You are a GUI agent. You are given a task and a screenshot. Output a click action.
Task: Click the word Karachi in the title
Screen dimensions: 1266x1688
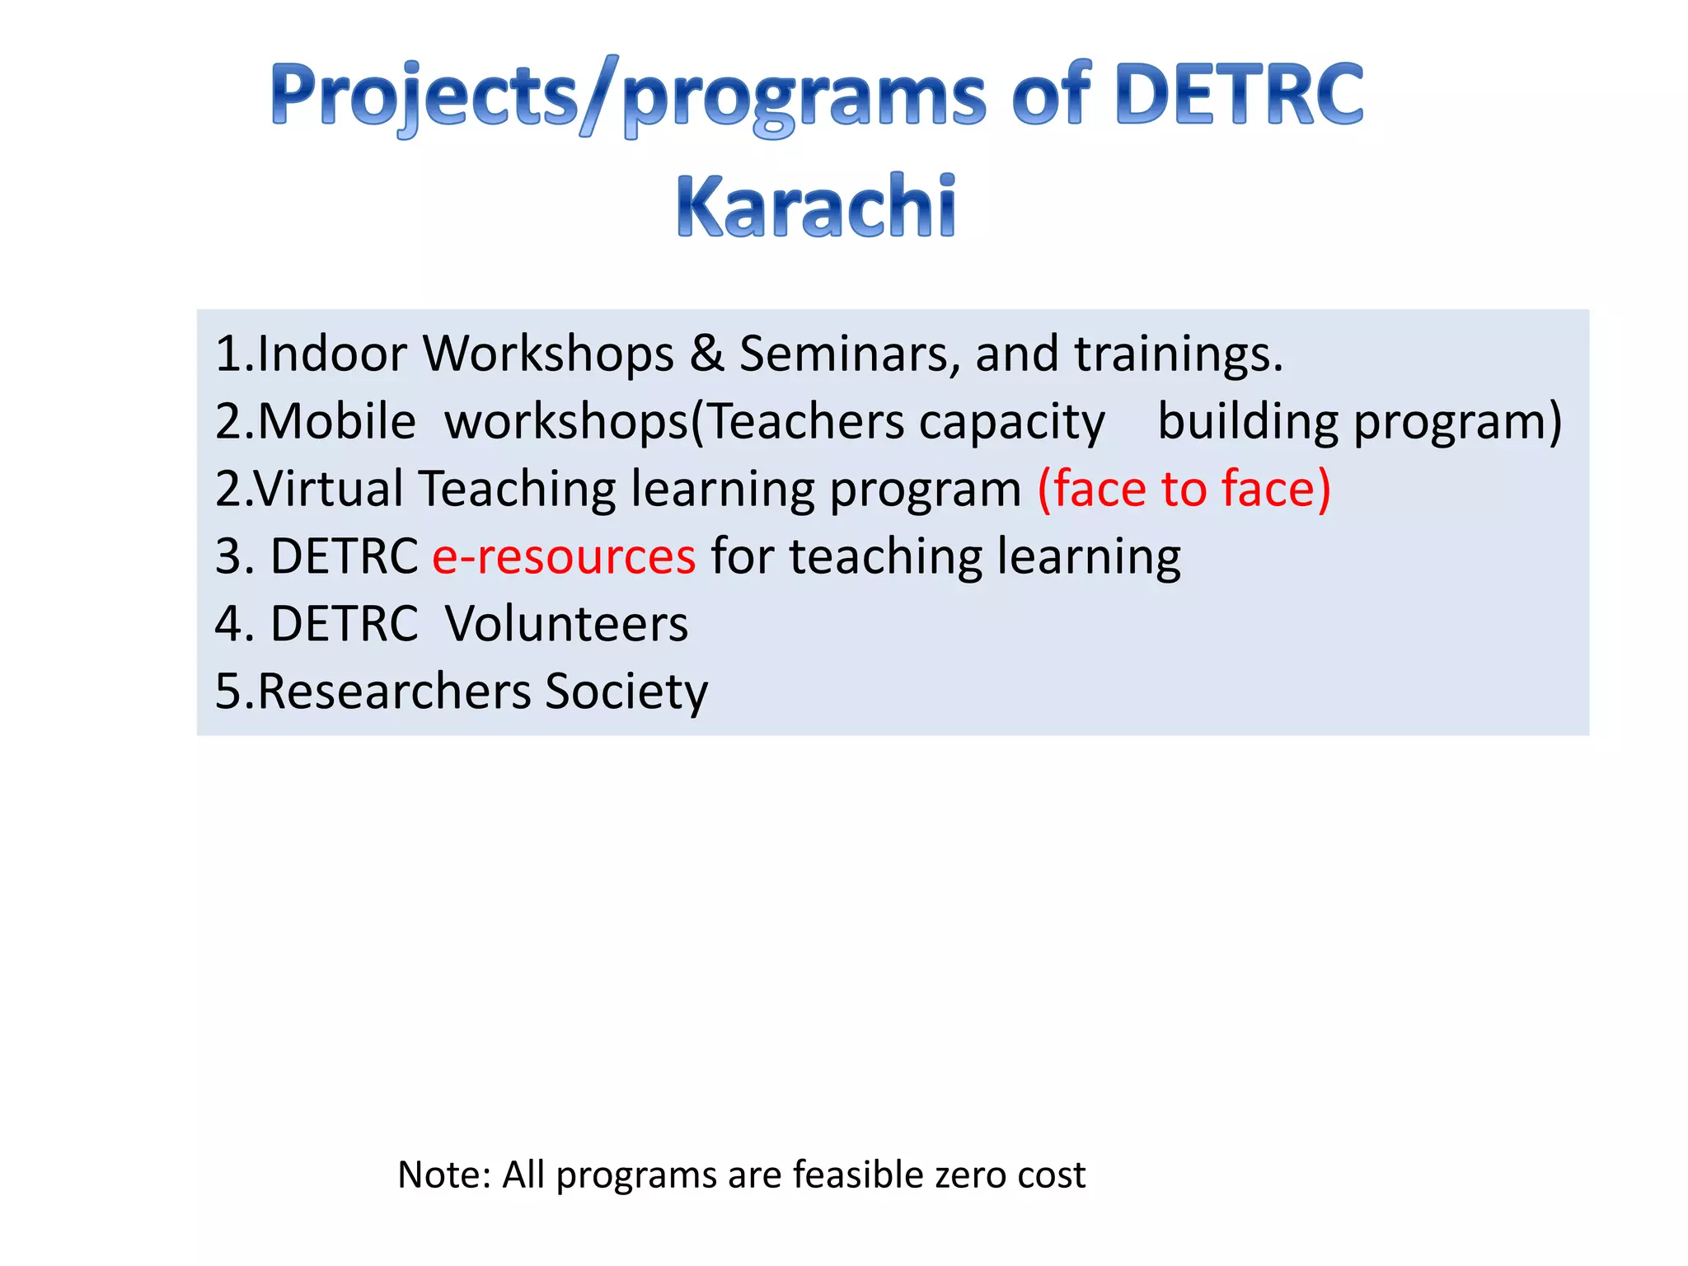(816, 206)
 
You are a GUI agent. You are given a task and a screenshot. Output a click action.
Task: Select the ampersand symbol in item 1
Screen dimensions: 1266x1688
(706, 354)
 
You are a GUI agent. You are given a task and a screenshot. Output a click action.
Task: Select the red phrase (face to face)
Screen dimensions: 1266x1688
(1184, 489)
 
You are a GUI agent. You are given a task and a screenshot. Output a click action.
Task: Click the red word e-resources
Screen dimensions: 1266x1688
(564, 557)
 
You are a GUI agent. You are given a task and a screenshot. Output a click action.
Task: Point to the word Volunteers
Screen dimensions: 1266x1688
(566, 624)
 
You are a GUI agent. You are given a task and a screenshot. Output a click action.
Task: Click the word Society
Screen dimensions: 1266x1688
(626, 693)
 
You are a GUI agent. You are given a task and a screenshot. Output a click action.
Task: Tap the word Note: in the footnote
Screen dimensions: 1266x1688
(444, 1175)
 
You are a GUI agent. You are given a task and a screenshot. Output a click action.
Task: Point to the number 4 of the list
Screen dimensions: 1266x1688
(227, 624)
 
